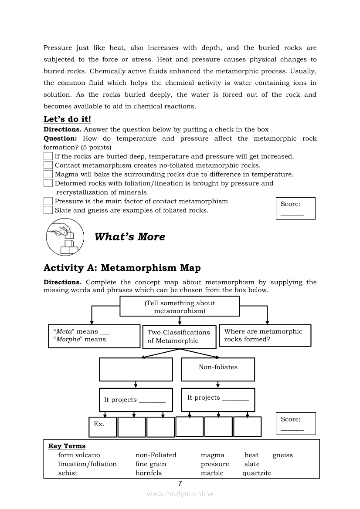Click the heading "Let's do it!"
67,119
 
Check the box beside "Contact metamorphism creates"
48,165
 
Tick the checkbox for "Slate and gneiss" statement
48,210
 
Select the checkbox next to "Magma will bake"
48,174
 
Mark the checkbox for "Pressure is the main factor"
48,201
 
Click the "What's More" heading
130,237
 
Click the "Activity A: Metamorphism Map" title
122,268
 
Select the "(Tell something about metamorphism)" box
180,307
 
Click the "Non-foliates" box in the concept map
218,369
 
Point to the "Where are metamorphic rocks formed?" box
265,336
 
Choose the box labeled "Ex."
103,427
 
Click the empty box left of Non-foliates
136,369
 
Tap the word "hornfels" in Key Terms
148,473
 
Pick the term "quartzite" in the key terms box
257,473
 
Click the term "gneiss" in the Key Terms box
282,455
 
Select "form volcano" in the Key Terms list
79,455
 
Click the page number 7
180,483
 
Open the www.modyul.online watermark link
180,494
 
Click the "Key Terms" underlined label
67,446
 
